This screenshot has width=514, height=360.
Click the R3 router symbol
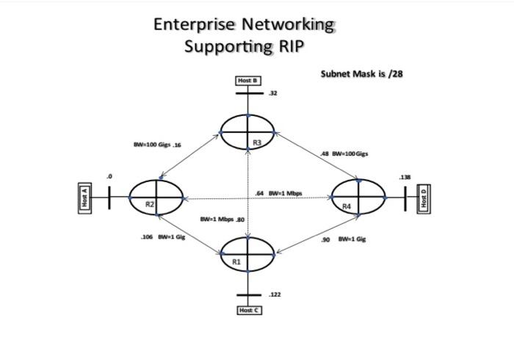pos(248,133)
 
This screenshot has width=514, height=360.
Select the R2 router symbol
pos(156,198)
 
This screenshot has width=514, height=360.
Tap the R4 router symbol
pos(358,198)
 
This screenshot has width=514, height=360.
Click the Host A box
pos(84,198)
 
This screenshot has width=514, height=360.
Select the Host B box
pos(248,80)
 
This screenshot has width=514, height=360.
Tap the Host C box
pos(249,311)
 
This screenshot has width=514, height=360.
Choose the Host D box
pos(423,199)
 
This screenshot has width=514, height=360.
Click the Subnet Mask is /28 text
pos(362,74)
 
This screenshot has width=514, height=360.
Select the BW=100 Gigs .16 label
pos(157,145)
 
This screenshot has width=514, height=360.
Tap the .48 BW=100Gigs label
pos(344,154)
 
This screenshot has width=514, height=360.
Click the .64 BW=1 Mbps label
pos(278,193)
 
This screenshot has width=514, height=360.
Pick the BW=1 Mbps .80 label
pos(222,219)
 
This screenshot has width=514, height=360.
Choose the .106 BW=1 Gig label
pos(163,237)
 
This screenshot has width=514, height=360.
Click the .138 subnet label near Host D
pos(405,178)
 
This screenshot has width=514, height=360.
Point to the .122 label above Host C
pos(275,294)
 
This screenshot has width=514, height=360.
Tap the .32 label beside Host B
pos(273,93)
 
